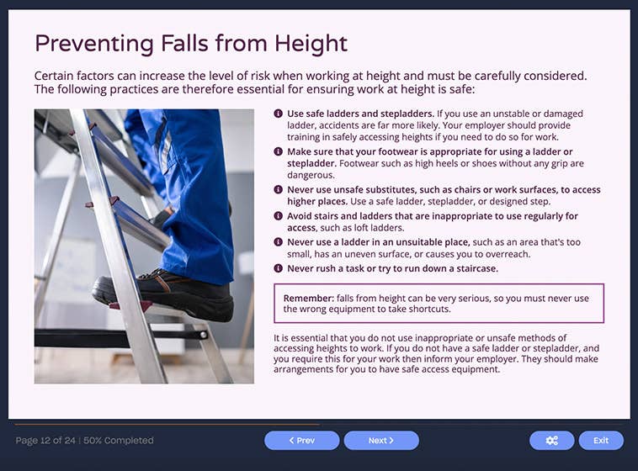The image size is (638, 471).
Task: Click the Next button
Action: pyautogui.click(x=380, y=440)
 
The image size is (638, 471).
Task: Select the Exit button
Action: pyautogui.click(x=600, y=440)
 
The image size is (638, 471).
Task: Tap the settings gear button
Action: pyautogui.click(x=551, y=440)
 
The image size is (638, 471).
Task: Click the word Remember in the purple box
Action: pyautogui.click(x=307, y=299)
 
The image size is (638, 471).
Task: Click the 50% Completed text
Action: pyautogui.click(x=119, y=440)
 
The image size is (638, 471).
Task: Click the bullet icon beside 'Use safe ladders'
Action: pyautogui.click(x=279, y=114)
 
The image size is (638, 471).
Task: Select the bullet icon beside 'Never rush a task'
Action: pyautogui.click(x=279, y=268)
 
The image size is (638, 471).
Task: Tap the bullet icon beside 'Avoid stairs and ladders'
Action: pyautogui.click(x=279, y=216)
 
